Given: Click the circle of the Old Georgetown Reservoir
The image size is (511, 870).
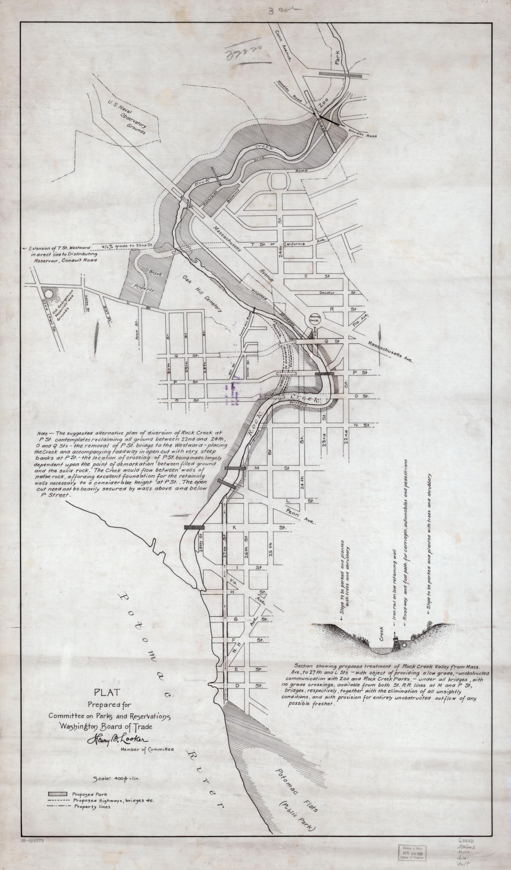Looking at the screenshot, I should pyautogui.click(x=49, y=294).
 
